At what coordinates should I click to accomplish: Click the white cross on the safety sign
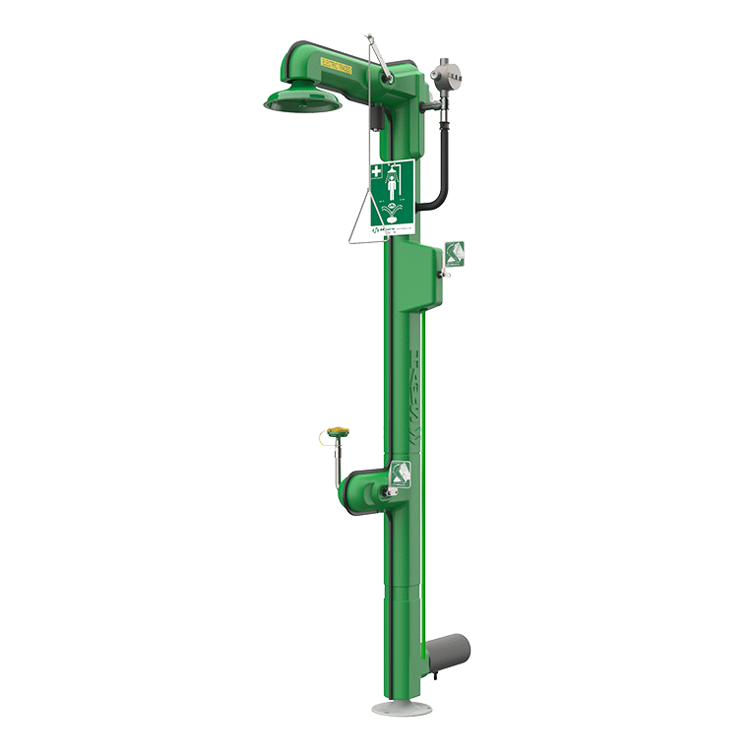click(377, 172)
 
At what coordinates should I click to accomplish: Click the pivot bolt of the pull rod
click(387, 68)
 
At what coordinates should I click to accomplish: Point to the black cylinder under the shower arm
click(377, 119)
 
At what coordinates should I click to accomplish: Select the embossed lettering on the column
click(413, 394)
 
